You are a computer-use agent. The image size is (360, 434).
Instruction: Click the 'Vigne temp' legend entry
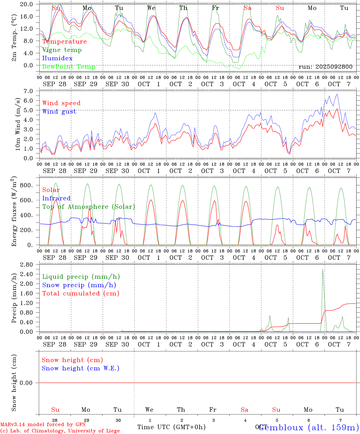coord(62,50)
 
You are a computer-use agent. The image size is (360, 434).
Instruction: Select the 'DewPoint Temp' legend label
coord(69,67)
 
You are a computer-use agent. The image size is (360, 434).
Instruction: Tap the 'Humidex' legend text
coord(57,58)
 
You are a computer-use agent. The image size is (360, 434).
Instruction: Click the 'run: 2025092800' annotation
coord(325,67)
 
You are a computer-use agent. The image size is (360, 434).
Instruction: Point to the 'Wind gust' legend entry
coord(59,112)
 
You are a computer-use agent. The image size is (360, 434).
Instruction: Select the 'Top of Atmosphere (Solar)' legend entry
coord(88,207)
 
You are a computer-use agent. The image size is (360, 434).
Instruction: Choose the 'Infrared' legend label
coord(56,198)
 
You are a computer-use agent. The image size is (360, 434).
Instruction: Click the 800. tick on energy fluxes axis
coord(30,185)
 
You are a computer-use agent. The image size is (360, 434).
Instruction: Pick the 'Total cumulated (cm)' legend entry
coord(81,294)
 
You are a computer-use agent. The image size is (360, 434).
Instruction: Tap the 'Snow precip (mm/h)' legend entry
coord(79,285)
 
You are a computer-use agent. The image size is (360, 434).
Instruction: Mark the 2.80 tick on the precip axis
coord(30,265)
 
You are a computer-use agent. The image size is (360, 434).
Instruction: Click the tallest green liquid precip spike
coord(323,270)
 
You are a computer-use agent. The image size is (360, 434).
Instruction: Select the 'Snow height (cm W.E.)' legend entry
coord(80,368)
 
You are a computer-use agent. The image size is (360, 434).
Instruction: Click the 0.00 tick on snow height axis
coord(30,383)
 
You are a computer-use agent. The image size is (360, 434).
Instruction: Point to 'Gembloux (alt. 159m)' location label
coord(308,427)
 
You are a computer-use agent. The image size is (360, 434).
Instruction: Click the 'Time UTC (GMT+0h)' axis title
coord(171,427)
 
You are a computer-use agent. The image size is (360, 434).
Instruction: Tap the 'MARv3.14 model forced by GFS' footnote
coord(43,425)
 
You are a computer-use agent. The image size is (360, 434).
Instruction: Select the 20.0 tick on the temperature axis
coord(30,4)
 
